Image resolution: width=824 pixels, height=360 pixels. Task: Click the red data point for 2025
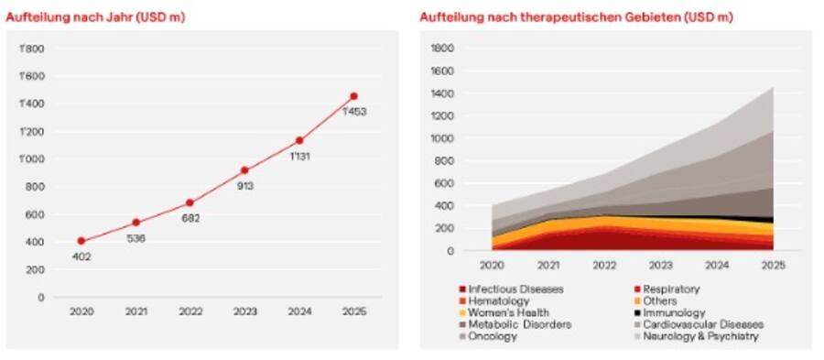353,96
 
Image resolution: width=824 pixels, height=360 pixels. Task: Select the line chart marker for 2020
81,241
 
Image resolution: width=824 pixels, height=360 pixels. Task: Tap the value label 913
244,186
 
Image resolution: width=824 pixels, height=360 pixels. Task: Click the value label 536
137,238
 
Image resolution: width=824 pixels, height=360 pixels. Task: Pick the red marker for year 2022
190,202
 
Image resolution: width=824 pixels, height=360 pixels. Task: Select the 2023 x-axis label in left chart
244,311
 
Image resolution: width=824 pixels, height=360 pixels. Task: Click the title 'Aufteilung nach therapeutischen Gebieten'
576,17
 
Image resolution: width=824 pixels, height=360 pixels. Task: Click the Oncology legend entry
493,336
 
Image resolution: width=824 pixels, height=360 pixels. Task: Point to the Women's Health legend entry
508,312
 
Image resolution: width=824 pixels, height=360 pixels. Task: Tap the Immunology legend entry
674,312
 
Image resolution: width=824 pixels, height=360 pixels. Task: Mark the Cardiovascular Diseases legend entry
702,324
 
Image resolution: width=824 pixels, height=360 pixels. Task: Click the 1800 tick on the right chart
442,48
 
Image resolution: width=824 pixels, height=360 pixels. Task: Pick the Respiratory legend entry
671,289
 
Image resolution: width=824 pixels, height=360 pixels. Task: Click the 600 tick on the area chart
445,183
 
